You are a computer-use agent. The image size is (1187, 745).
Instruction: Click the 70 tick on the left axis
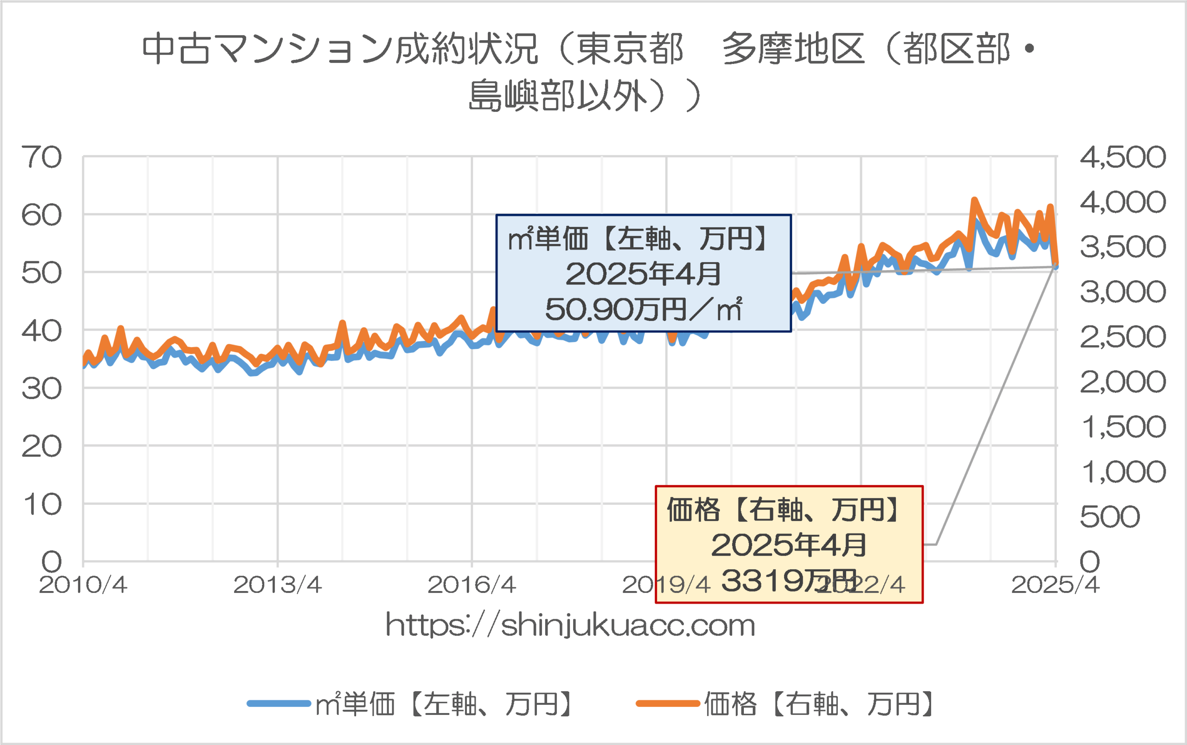click(x=41, y=158)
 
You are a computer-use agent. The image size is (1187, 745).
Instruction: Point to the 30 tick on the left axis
click(x=41, y=389)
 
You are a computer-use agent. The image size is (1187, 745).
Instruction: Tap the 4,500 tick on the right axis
click(x=1123, y=158)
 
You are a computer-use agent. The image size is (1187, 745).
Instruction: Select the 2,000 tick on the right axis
click(x=1123, y=382)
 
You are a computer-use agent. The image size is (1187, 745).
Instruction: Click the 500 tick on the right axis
click(x=1110, y=517)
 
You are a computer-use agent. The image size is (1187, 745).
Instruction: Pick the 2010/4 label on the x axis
click(x=83, y=585)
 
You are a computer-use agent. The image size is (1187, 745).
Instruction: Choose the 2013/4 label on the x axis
click(x=277, y=585)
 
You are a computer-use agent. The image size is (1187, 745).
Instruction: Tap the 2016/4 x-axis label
click(x=472, y=585)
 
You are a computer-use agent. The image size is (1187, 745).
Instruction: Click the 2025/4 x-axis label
click(x=1055, y=585)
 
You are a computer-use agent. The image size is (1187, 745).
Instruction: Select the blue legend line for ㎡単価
click(x=279, y=704)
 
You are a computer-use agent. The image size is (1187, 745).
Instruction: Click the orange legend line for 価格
click(x=667, y=704)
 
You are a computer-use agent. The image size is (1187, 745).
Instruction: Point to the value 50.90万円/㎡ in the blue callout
click(x=643, y=309)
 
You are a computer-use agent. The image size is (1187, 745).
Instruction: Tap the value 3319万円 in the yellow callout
click(x=788, y=580)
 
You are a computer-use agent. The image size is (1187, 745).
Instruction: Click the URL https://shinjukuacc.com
click(x=570, y=625)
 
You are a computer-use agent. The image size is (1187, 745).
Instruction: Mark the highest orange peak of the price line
click(x=974, y=200)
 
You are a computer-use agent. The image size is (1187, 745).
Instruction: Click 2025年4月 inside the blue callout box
click(x=643, y=274)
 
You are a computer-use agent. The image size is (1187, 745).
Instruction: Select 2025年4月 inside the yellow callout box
click(x=789, y=545)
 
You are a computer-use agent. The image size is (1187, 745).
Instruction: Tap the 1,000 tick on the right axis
click(x=1123, y=472)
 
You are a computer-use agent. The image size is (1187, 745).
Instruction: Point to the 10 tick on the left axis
click(x=41, y=505)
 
